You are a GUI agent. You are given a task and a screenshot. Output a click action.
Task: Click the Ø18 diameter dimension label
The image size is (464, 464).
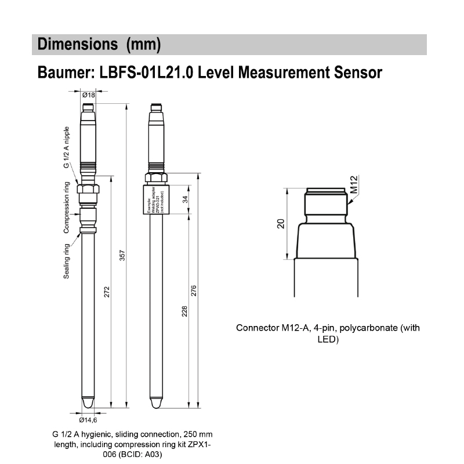click(89, 95)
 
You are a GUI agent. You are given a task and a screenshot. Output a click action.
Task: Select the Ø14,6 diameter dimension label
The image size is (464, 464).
click(88, 419)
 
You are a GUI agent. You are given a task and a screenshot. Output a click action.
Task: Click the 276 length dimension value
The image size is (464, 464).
click(194, 291)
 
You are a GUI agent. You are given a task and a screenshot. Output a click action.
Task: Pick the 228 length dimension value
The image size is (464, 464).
click(184, 311)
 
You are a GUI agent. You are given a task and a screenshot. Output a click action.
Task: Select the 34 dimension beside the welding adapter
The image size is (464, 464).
click(184, 200)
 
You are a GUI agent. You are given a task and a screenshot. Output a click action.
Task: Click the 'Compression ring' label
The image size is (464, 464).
click(67, 208)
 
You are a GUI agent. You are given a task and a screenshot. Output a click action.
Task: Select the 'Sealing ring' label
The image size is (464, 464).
click(67, 261)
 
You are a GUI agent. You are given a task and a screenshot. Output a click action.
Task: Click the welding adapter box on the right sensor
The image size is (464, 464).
click(155, 200)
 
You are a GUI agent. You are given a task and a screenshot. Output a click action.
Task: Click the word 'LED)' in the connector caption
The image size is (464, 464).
click(328, 339)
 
